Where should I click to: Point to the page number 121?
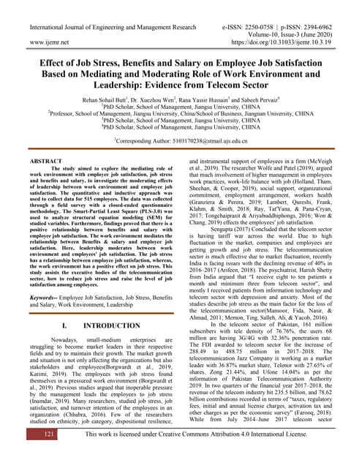click(x=29, y=455)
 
